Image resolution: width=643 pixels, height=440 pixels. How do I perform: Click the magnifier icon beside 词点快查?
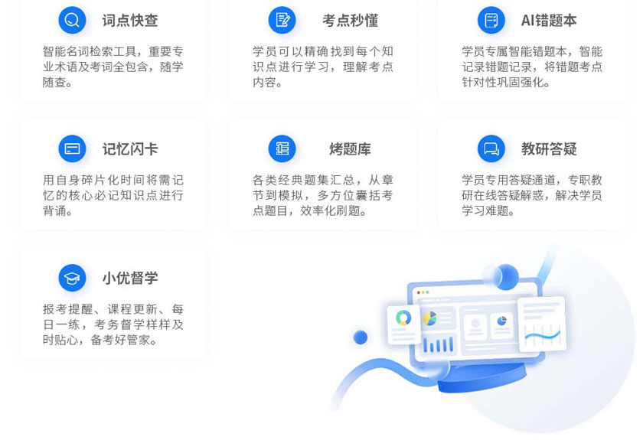pos(72,20)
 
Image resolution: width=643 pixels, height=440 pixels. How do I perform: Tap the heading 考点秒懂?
pos(350,20)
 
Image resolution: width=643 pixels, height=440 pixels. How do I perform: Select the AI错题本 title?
pos(549,20)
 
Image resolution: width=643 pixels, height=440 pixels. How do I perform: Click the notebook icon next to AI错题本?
pos(491,20)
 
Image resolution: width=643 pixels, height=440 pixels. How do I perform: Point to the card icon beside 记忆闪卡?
pos(72,148)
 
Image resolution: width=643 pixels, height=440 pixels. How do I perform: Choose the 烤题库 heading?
pos(350,149)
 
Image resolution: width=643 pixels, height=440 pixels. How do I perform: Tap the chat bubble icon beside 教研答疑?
pos(491,148)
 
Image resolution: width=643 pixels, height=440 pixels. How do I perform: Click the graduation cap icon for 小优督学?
pos(72,278)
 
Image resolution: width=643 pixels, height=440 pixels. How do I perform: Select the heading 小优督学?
pos(130,278)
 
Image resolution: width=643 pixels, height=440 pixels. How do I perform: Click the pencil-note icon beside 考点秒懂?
pos(282,20)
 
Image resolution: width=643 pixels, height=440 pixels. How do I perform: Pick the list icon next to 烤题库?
pos(282,148)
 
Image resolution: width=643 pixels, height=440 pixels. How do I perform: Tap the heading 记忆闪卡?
pos(130,149)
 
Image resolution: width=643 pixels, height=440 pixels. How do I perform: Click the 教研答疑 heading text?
pos(549,149)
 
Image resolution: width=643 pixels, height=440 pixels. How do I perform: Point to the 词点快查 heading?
pos(130,20)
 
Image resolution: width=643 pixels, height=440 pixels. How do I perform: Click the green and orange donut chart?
pos(403,318)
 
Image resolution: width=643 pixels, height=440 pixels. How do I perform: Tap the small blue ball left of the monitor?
pos(361,337)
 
